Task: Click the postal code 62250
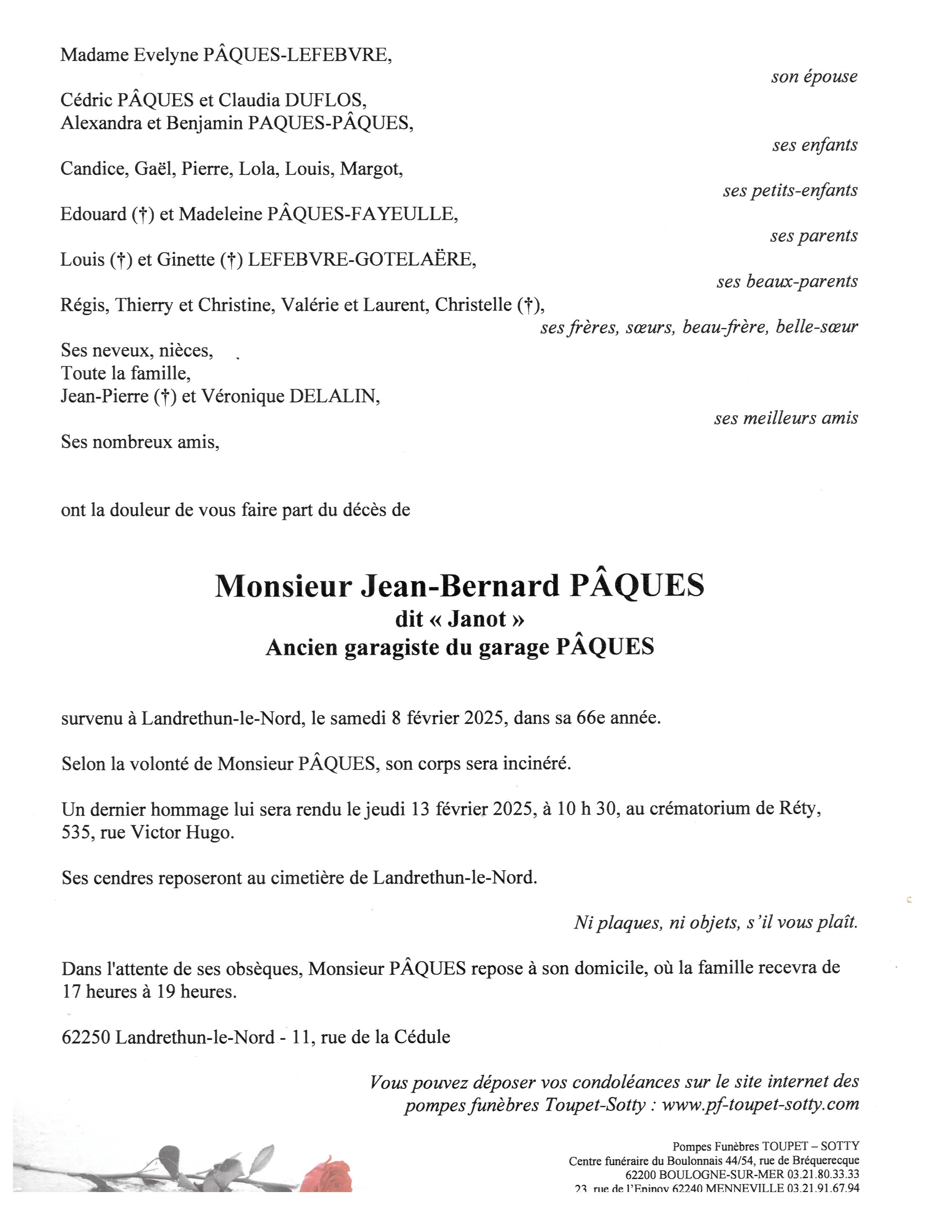[87, 1037]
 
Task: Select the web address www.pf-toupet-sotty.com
[760, 1104]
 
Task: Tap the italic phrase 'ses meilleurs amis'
[786, 418]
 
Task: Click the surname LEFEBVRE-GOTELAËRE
[362, 259]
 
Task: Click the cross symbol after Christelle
[528, 305]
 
